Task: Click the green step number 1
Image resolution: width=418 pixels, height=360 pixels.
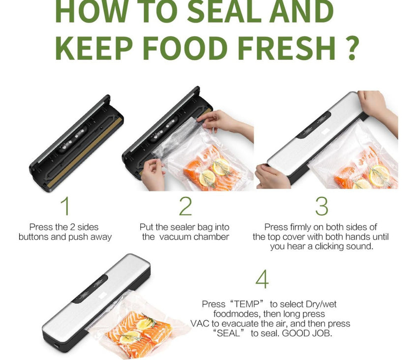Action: click(65, 206)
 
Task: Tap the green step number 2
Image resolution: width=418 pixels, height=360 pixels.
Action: click(185, 206)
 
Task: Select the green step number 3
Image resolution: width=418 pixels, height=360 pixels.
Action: click(322, 206)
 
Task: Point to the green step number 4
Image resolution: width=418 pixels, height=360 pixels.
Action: click(262, 279)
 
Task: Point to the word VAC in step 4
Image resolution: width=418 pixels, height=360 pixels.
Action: click(200, 324)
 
